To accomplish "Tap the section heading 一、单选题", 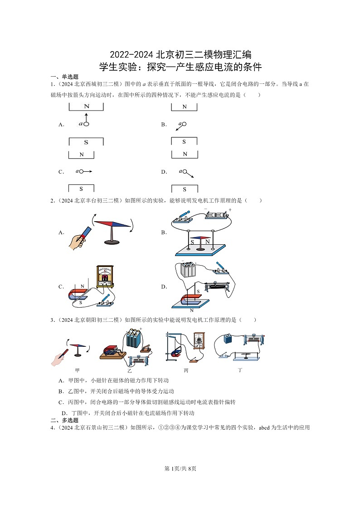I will point(64,77).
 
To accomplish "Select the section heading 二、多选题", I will point(64,420).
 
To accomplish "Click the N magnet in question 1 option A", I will point(86,107).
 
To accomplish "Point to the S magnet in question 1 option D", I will point(184,189).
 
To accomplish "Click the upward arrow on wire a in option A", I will point(86,117).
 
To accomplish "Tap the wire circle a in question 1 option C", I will point(83,171).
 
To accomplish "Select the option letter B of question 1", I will point(164,125).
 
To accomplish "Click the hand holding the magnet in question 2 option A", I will point(76,241).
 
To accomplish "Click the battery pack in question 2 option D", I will point(187,270).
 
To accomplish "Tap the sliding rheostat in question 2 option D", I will point(219,286).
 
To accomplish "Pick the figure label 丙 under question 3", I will point(186,370).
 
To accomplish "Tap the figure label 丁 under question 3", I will point(240,370).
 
